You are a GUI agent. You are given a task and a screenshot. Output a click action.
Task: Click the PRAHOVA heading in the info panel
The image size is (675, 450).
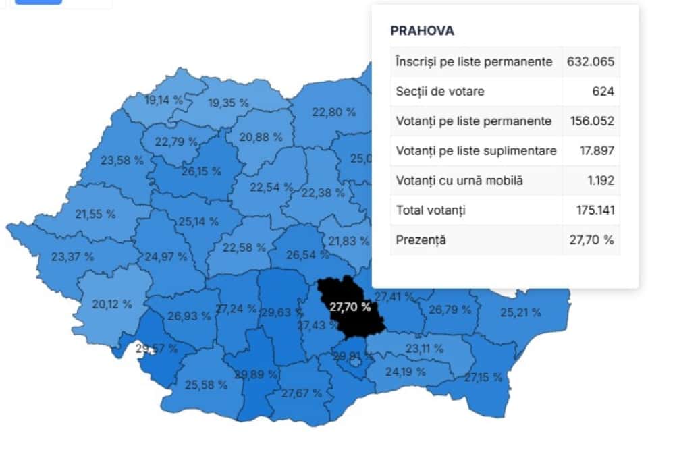pyautogui.click(x=422, y=31)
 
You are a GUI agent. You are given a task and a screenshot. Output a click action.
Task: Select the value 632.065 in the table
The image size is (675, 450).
pyautogui.click(x=591, y=61)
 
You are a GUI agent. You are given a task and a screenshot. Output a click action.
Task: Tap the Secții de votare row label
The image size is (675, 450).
pyautogui.click(x=439, y=91)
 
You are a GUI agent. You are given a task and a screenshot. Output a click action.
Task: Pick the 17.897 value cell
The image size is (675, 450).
pyautogui.click(x=597, y=150)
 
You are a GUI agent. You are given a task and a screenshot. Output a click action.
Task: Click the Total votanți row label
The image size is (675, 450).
pyautogui.click(x=431, y=210)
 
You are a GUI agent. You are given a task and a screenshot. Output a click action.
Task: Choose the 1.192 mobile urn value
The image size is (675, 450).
pyautogui.click(x=601, y=180)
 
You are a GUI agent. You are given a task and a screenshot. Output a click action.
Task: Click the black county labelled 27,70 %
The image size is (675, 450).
pyautogui.click(x=350, y=307)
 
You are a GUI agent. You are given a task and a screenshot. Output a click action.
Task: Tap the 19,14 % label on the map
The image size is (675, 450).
pyautogui.click(x=163, y=101)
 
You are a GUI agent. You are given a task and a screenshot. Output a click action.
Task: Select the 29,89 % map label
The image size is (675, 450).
pyautogui.click(x=256, y=374)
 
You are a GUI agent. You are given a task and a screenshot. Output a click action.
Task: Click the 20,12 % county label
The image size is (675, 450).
pyautogui.click(x=112, y=304)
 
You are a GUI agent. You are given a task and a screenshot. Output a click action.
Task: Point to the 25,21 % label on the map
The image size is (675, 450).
pyautogui.click(x=520, y=312)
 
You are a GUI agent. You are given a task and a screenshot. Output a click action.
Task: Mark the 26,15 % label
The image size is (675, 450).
pyautogui.click(x=201, y=171)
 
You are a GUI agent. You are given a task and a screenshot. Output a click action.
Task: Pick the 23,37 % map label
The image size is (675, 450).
pyautogui.click(x=72, y=256)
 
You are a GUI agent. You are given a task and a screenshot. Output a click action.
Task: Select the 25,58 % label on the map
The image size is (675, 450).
pyautogui.click(x=206, y=385)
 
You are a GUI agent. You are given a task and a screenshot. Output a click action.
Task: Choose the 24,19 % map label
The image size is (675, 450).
pyautogui.click(x=406, y=372)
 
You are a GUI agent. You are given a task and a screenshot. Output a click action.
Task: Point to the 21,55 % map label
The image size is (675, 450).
pyautogui.click(x=95, y=214)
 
